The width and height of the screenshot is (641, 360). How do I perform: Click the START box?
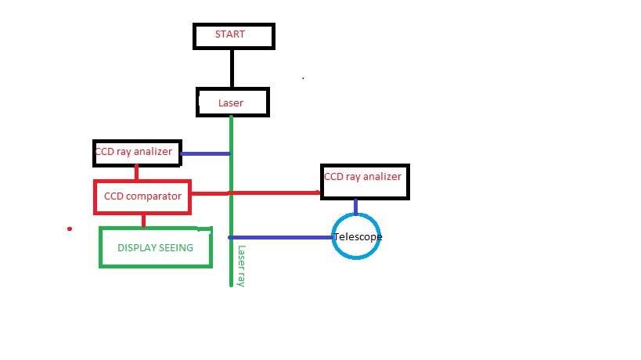[x=233, y=35]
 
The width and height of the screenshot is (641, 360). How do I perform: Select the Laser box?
[x=232, y=102]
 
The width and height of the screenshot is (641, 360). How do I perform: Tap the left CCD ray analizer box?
[x=137, y=153]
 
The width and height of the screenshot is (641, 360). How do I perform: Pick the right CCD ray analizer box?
[x=365, y=180]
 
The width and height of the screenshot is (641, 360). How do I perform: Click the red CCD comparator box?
[x=142, y=196]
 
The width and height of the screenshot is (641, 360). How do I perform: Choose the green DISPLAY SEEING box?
[x=156, y=247]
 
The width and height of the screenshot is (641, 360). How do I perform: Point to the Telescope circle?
[x=357, y=236]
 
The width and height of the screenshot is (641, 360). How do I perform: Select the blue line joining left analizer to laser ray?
[x=206, y=153]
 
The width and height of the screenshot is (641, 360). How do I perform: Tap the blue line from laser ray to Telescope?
[x=282, y=237]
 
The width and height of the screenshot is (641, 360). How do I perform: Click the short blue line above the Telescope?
[x=356, y=206]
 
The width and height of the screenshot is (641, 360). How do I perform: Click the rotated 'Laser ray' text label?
[x=241, y=266]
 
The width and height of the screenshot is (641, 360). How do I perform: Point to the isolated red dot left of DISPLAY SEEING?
[x=70, y=229]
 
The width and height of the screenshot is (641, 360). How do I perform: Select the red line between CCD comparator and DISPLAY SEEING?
[x=143, y=220]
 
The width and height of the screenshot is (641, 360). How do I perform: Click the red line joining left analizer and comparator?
[x=136, y=173]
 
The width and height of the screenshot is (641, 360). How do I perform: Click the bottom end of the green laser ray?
[x=232, y=284]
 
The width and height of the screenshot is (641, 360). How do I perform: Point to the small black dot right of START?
[x=303, y=78]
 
